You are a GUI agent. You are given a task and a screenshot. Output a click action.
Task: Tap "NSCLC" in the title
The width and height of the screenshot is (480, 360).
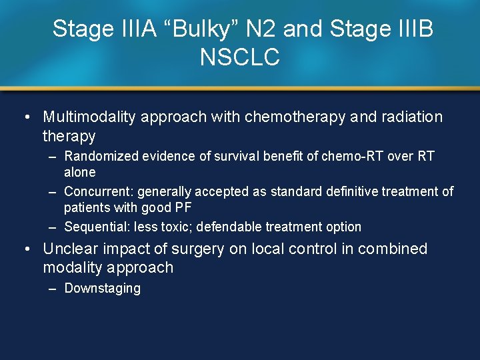point(239,58)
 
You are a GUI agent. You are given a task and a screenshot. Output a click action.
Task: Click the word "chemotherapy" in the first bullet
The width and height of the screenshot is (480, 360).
point(295,117)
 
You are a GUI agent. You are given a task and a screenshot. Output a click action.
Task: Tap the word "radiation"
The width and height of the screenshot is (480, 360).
point(414,117)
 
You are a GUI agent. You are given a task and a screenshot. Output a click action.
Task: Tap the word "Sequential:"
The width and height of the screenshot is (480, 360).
point(97,227)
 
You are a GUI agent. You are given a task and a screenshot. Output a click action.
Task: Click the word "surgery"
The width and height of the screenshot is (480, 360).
point(200,249)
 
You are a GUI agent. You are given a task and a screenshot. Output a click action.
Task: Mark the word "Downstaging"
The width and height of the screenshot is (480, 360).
point(102,289)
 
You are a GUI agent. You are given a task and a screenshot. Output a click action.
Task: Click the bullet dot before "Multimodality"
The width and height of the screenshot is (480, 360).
point(25,117)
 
